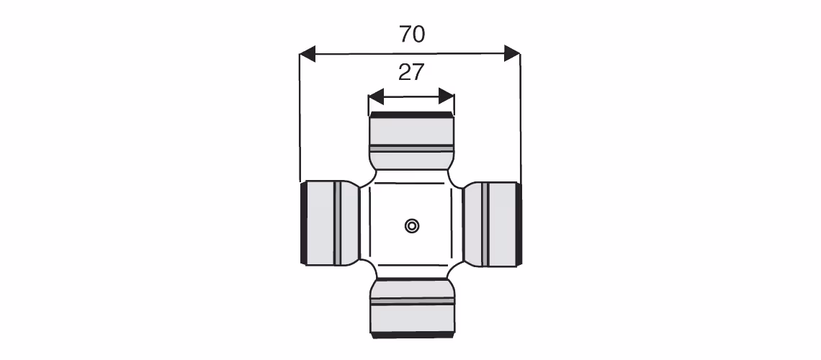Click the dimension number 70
point(412,35)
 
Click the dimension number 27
point(410,73)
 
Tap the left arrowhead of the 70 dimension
point(308,53)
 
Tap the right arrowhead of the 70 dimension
point(512,53)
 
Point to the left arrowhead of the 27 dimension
point(376,96)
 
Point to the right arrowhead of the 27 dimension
point(446,96)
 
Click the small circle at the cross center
point(412,226)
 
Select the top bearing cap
point(411,140)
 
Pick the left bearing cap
point(330,224)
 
